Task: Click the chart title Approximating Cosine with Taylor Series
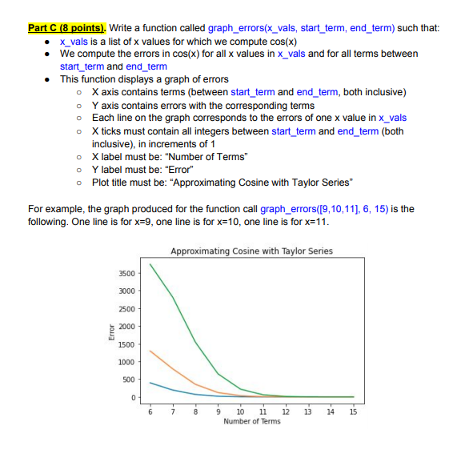(251, 251)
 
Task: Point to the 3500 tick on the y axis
(127, 274)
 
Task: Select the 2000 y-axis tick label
(127, 327)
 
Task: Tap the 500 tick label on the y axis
(130, 380)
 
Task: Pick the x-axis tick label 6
(150, 411)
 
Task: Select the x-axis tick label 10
(240, 411)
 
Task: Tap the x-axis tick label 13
(308, 411)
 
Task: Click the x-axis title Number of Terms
(251, 421)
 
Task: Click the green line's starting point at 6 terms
(150, 264)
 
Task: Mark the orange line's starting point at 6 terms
(150, 351)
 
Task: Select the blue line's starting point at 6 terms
(150, 383)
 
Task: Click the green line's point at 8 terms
(195, 341)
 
